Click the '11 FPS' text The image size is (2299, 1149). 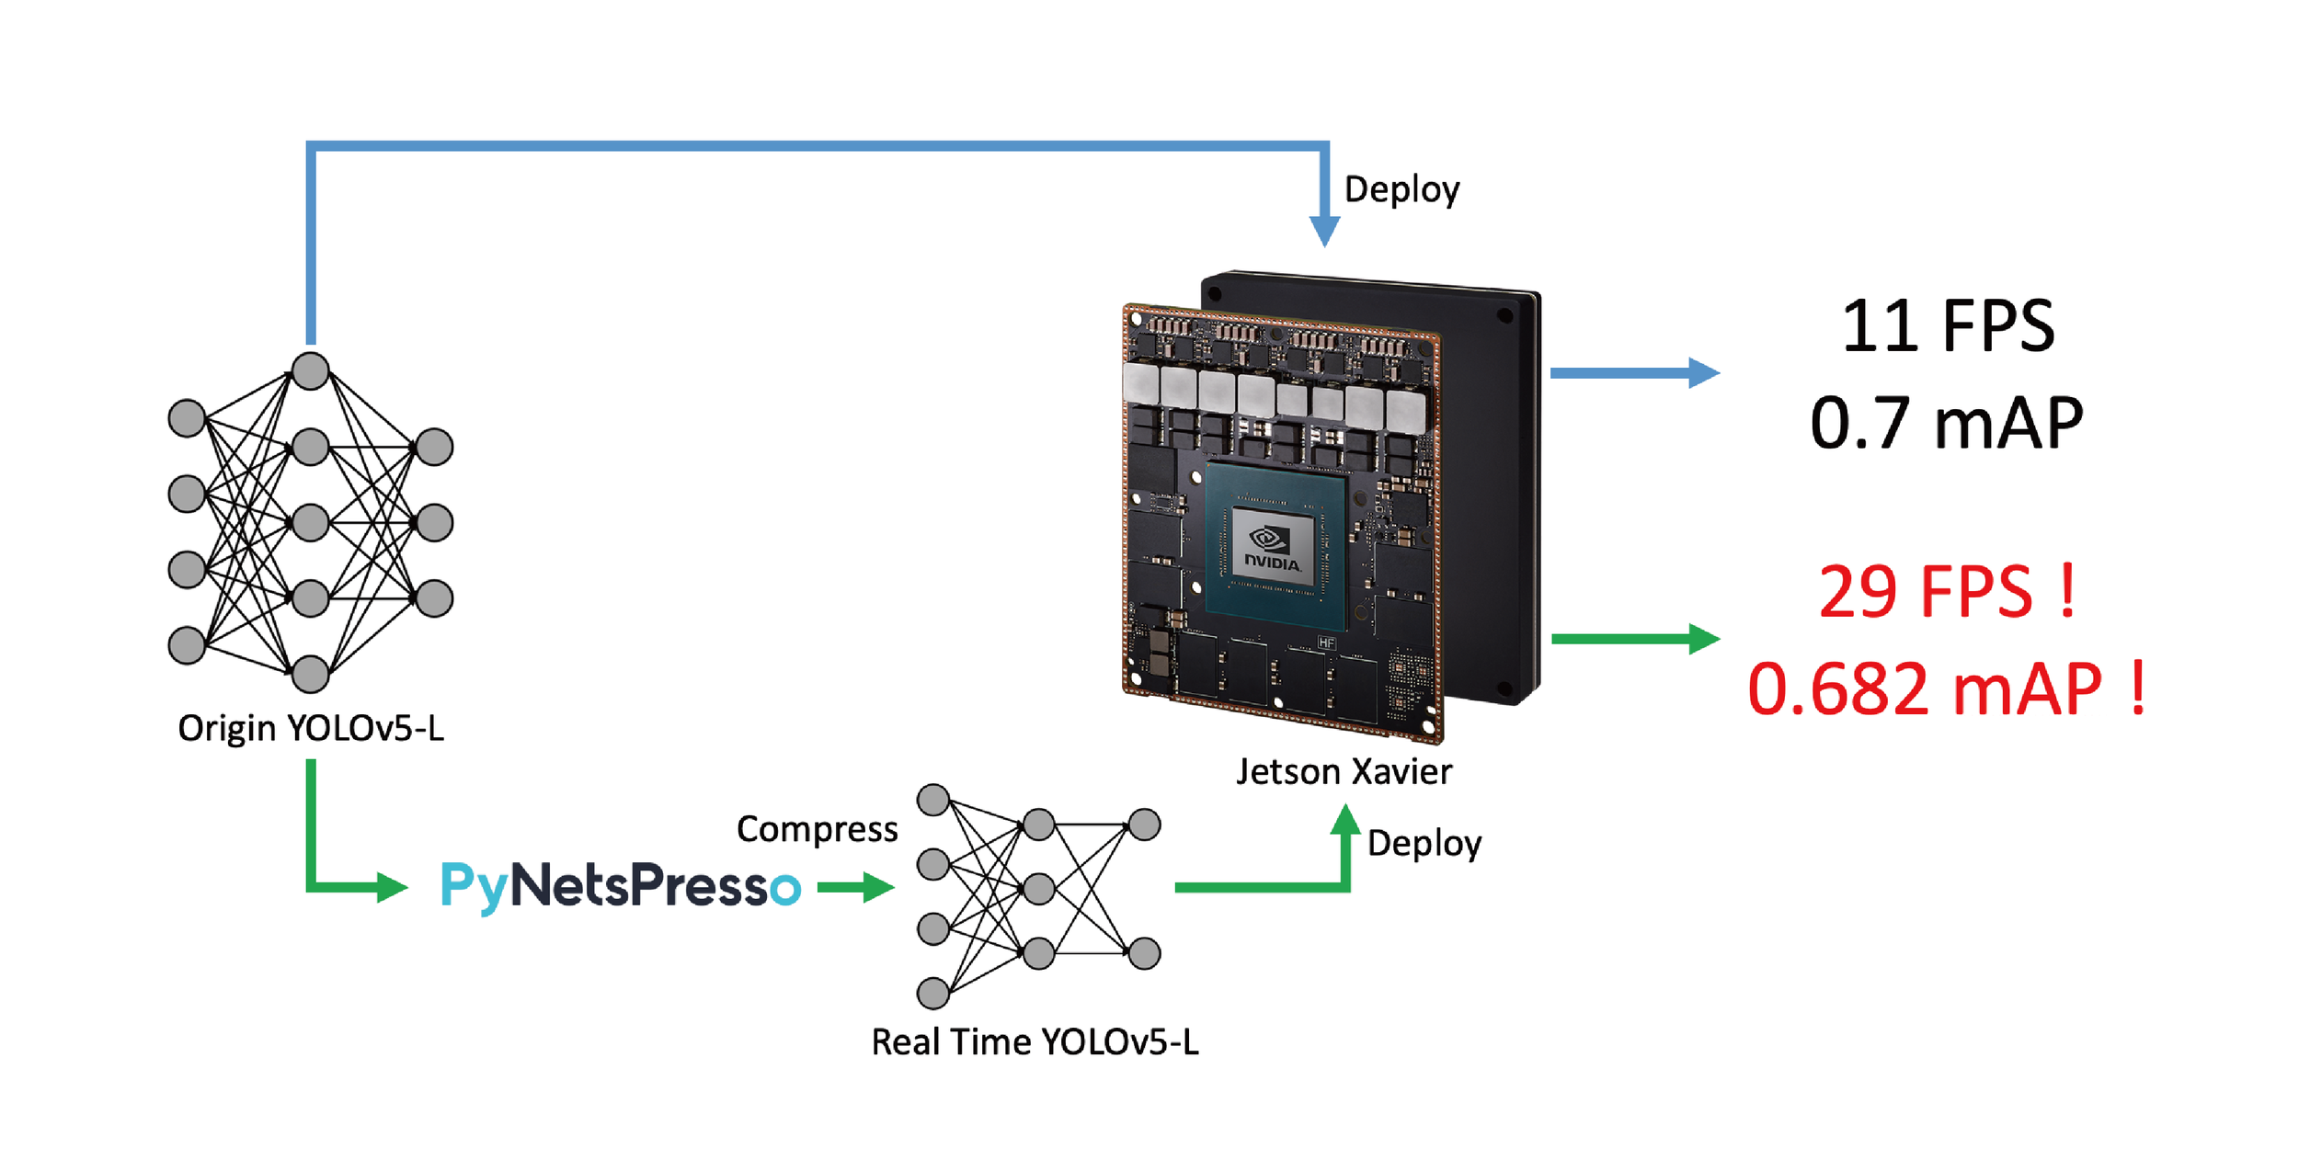(x=1947, y=326)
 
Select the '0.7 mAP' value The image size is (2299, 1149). (x=1947, y=424)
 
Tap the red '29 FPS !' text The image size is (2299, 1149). (x=1947, y=592)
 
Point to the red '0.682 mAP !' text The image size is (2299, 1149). (x=1947, y=688)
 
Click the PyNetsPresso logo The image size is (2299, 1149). (x=621, y=886)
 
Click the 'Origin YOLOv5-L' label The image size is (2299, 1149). (x=311, y=728)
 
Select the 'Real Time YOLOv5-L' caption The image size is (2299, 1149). (x=1035, y=1042)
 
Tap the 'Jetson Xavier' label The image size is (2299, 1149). (x=1344, y=772)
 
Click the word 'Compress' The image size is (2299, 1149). (x=817, y=829)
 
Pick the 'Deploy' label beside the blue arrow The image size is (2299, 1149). (x=1401, y=189)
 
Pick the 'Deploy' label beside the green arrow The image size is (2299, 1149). (x=1424, y=844)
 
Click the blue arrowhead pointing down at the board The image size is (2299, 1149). (x=1324, y=232)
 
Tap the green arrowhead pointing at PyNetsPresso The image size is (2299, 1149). (x=392, y=887)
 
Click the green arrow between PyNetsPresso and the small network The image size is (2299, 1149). (x=855, y=887)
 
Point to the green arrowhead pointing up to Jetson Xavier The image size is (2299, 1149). (x=1345, y=820)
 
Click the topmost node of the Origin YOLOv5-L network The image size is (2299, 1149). (x=311, y=371)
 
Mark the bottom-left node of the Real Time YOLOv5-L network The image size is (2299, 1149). (x=933, y=993)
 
